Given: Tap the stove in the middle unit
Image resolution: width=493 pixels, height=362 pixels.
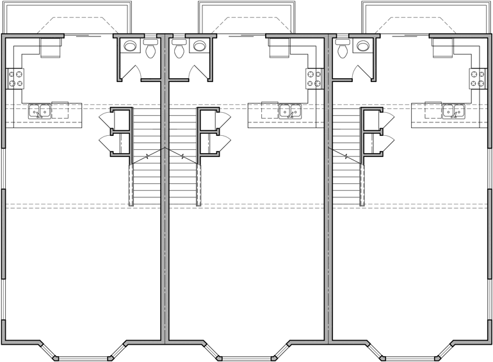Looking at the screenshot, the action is point(314,79).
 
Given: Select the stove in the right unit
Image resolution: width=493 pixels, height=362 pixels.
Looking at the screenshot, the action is point(478,79).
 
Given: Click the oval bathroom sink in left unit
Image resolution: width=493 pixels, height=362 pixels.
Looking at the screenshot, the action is point(131,46).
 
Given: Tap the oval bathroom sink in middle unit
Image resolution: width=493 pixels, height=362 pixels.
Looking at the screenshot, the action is point(199,46).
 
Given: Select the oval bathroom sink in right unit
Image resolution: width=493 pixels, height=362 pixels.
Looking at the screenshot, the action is point(363,46).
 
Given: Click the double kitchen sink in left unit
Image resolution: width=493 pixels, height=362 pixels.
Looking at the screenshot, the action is point(40,111).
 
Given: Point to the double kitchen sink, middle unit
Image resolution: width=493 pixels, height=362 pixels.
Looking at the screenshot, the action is point(290,111).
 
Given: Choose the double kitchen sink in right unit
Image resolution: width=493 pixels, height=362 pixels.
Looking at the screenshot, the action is point(454,111).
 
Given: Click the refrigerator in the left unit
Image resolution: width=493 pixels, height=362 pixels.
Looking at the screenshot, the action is point(50,48).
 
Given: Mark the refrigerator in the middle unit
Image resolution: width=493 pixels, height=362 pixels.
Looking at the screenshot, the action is point(279,48).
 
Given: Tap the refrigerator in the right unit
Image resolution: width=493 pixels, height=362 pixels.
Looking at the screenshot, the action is point(442,48).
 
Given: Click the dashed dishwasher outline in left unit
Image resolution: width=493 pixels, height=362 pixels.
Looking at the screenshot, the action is point(60,110).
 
